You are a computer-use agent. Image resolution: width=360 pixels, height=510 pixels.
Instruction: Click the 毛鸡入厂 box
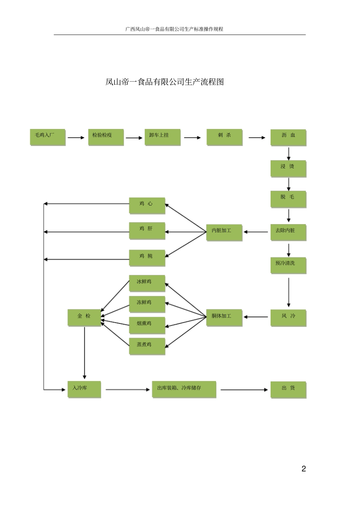pos(48,137)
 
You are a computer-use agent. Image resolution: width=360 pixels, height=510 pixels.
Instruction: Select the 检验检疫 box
pos(106,137)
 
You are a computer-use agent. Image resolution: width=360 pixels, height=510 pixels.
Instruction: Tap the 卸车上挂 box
pos(162,137)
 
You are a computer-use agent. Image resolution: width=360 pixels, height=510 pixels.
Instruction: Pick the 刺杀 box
pos(224,137)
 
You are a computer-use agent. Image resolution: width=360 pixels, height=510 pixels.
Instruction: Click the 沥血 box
pos(288,138)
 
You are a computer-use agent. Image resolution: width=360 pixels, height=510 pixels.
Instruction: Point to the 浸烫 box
pos(288,169)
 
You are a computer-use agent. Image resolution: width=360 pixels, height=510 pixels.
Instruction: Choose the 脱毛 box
pos(288,199)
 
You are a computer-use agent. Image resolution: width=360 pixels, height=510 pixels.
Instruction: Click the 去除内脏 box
pos(288,232)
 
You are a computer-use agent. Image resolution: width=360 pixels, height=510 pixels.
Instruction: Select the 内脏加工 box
pos(224,232)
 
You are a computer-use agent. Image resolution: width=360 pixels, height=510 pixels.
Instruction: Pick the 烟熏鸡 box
pos(147,325)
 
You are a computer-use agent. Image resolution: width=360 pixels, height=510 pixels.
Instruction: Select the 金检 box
pos(84,318)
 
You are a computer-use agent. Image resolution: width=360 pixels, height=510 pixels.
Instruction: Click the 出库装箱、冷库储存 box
pos(184,389)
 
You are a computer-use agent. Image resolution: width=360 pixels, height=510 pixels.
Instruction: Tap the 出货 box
pos(288,390)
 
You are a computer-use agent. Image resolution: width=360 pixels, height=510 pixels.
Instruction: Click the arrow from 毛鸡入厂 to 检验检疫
pos(76,138)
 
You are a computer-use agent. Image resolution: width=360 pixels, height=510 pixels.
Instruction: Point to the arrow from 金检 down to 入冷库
pos(85,353)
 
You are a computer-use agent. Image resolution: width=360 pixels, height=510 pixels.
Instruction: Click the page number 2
pos(304,469)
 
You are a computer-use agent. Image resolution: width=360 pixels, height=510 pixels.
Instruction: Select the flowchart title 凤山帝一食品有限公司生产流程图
pos(164,82)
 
